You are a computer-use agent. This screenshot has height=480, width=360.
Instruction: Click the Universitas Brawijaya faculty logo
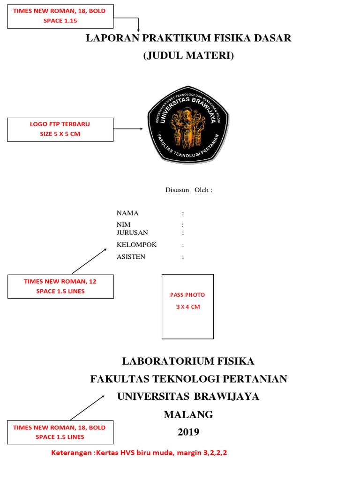[x=188, y=127]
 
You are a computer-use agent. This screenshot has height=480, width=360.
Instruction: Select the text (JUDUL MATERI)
[x=188, y=56]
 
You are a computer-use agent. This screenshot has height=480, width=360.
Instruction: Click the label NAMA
[x=127, y=213]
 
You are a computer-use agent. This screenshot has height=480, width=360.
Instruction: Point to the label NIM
[x=124, y=225]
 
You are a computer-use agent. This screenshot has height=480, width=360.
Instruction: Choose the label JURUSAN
[x=132, y=232]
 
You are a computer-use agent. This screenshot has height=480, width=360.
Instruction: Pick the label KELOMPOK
[x=136, y=245]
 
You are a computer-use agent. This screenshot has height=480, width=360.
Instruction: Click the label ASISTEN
[x=131, y=257]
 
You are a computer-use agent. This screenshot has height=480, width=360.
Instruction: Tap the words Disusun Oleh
[x=188, y=190]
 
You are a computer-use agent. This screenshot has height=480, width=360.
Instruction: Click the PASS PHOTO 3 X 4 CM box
[x=187, y=306]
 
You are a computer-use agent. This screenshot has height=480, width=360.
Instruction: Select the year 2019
[x=188, y=432]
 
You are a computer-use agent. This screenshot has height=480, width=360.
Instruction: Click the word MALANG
[x=188, y=414]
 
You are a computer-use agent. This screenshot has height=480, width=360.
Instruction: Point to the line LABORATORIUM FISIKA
[x=188, y=361]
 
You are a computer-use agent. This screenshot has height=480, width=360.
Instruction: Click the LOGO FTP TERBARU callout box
[x=60, y=129]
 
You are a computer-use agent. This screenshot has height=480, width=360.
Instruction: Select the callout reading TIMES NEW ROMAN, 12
[x=60, y=286]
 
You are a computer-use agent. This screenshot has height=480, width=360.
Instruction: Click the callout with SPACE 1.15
[x=60, y=16]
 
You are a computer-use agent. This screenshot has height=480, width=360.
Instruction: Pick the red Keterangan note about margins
[x=142, y=453]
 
